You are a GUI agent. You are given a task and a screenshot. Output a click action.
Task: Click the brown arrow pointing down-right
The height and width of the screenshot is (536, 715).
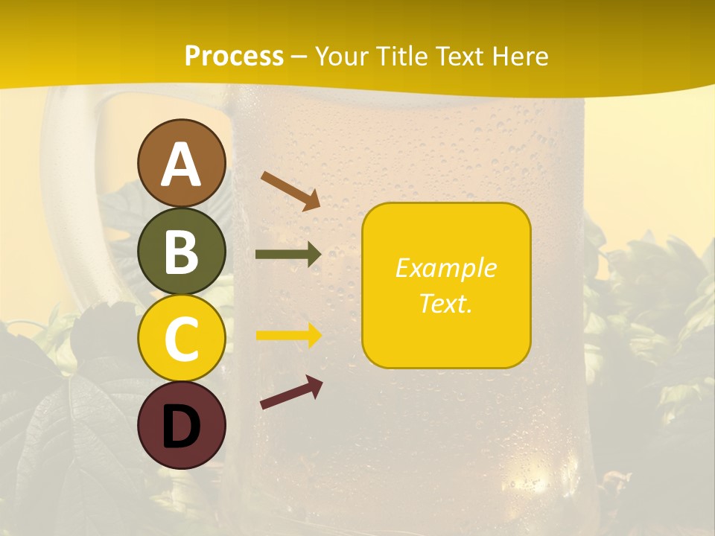pos(290,191)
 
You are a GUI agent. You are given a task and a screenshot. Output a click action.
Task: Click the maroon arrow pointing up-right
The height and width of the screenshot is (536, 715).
pos(291,392)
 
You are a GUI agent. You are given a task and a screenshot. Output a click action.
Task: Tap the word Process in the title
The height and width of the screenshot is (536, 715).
pos(234,56)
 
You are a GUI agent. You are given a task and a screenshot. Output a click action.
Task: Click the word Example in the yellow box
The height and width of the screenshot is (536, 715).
pos(445,268)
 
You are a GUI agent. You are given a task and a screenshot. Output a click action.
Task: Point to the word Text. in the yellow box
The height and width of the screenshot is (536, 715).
pos(445,303)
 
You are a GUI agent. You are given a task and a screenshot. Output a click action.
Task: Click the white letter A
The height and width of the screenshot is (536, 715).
pos(181,164)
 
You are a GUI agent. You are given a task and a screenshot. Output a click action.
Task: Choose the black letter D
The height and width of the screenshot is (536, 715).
pos(181,426)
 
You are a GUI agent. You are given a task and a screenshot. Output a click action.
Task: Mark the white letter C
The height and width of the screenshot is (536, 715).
pos(181,339)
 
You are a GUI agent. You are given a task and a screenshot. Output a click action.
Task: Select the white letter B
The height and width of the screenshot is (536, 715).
pos(181,252)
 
